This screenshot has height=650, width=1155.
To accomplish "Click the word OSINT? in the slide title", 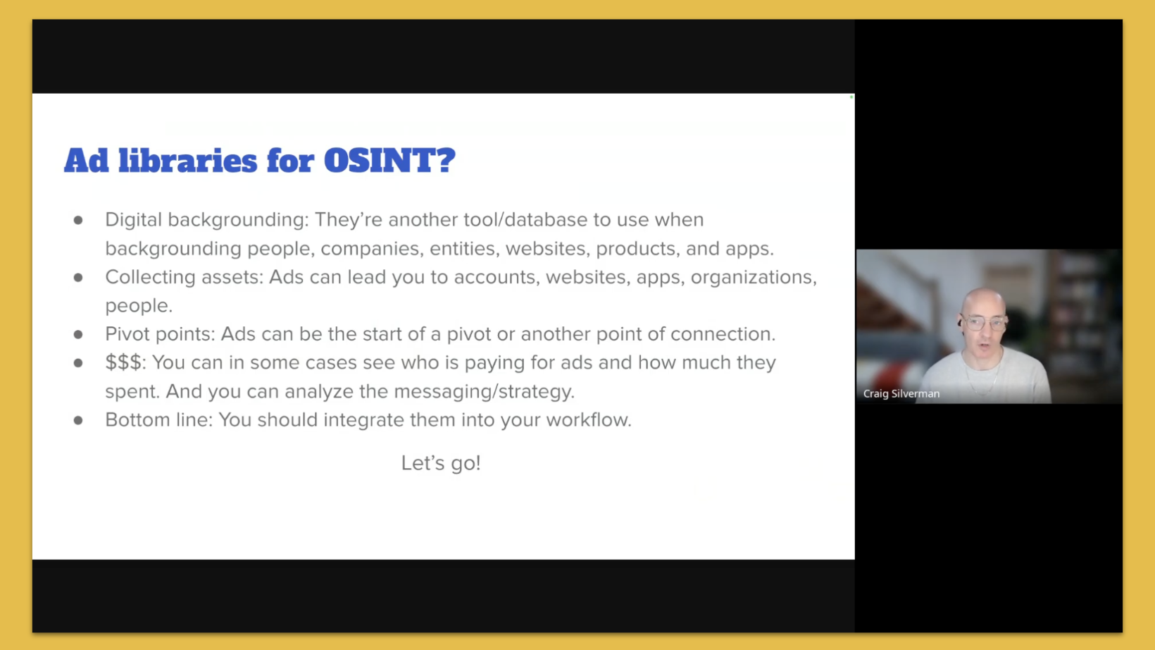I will click(x=389, y=161).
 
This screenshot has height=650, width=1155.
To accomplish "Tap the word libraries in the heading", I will click(x=187, y=161).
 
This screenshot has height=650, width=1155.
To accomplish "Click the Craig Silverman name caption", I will click(x=901, y=394).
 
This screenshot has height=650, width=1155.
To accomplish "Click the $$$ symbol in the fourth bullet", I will click(x=123, y=362).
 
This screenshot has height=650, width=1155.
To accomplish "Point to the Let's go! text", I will click(x=441, y=463).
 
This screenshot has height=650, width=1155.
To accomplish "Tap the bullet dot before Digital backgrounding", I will click(x=78, y=220).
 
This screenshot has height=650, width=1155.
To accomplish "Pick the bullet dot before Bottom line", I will click(x=78, y=420).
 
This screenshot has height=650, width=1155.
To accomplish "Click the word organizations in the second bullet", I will click(x=752, y=277).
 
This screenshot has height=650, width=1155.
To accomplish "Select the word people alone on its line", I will click(x=137, y=306).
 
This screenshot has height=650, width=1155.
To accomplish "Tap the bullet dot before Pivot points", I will click(x=78, y=334).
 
